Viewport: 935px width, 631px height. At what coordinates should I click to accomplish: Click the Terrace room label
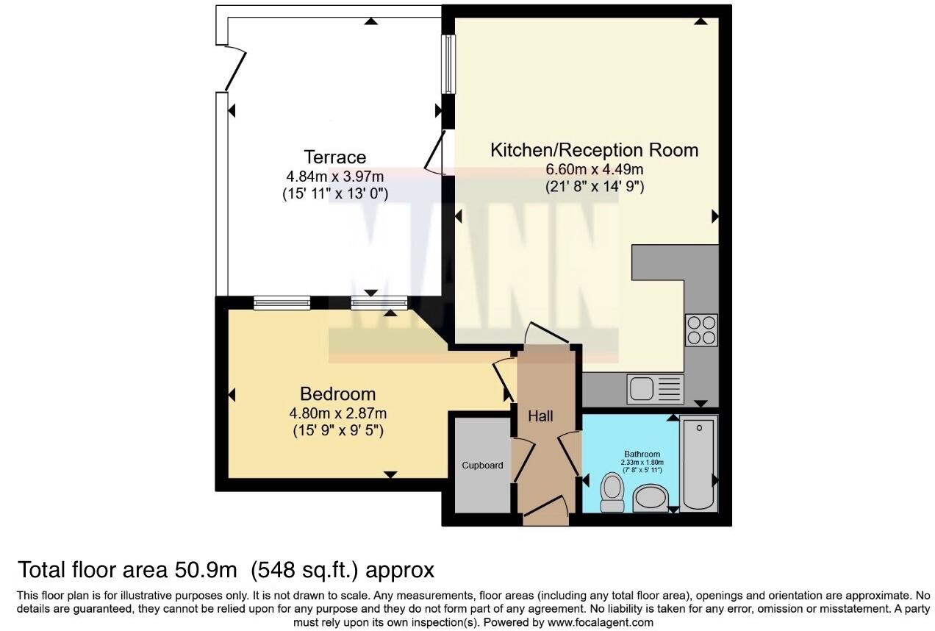pyautogui.click(x=334, y=157)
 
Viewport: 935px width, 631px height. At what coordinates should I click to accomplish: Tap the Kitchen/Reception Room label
pyautogui.click(x=594, y=150)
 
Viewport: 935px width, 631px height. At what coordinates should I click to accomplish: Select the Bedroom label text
pyautogui.click(x=337, y=393)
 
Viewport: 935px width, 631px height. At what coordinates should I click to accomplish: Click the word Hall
pyautogui.click(x=540, y=416)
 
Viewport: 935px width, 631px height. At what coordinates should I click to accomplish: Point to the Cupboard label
pyautogui.click(x=482, y=465)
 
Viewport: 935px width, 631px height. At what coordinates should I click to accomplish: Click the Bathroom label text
pyautogui.click(x=642, y=454)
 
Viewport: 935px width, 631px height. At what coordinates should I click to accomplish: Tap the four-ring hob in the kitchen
pyautogui.click(x=701, y=329)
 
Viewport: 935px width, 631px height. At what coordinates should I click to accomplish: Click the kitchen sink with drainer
pyautogui.click(x=655, y=388)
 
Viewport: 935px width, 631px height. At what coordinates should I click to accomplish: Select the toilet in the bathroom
pyautogui.click(x=611, y=492)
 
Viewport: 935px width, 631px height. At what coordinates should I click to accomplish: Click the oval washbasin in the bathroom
pyautogui.click(x=650, y=498)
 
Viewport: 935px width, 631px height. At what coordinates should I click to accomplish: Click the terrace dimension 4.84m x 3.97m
pyautogui.click(x=334, y=177)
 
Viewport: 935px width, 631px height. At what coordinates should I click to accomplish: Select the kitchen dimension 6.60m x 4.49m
pyautogui.click(x=594, y=169)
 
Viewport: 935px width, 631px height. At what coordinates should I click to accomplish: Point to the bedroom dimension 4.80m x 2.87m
pyautogui.click(x=337, y=413)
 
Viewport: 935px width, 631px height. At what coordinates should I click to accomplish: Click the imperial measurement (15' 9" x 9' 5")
pyautogui.click(x=337, y=429)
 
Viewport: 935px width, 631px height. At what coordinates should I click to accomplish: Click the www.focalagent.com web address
pyautogui.click(x=601, y=622)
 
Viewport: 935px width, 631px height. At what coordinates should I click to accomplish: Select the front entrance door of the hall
pyautogui.click(x=545, y=508)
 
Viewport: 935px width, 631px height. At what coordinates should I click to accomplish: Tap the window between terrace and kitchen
pyautogui.click(x=447, y=64)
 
